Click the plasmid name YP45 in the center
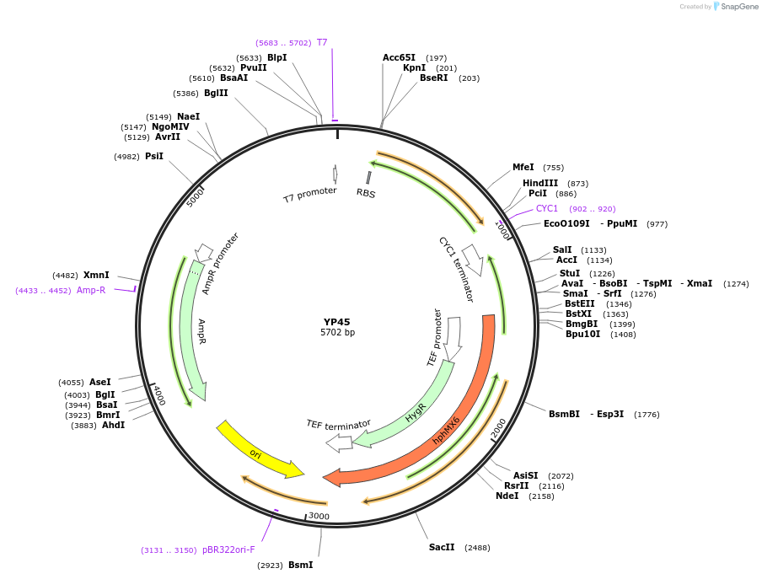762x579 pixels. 336,322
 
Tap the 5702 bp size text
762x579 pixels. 337,333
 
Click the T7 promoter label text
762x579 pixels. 309,196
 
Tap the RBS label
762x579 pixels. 366,193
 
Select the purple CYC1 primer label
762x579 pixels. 547,208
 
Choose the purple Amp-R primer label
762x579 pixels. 91,290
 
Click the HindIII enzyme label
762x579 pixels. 539,183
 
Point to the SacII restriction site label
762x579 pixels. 442,547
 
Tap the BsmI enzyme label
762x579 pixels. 301,565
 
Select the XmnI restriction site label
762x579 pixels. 96,275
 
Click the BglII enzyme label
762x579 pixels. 216,93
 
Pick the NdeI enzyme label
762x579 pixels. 507,496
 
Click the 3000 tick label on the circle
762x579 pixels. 319,516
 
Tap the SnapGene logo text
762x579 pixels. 739,7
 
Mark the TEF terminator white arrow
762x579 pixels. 339,442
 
